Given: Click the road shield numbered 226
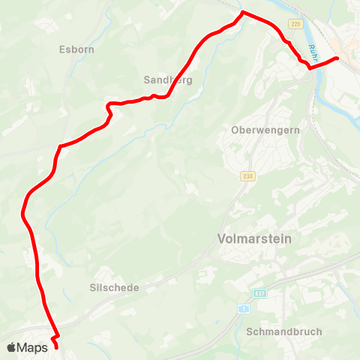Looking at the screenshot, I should [x=295, y=25].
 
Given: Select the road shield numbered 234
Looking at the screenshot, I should [x=247, y=176].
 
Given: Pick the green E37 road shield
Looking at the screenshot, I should [x=260, y=293].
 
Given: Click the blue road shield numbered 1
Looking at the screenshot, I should [x=244, y=309].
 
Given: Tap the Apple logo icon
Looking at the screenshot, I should [x=13, y=347].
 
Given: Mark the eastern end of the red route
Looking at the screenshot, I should [x=337, y=58].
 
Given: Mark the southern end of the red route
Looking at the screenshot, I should [x=56, y=347].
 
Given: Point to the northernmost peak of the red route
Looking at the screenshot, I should [x=242, y=12].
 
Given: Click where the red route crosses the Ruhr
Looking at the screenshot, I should [x=318, y=64].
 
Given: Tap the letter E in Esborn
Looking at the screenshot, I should [x=61, y=50].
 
